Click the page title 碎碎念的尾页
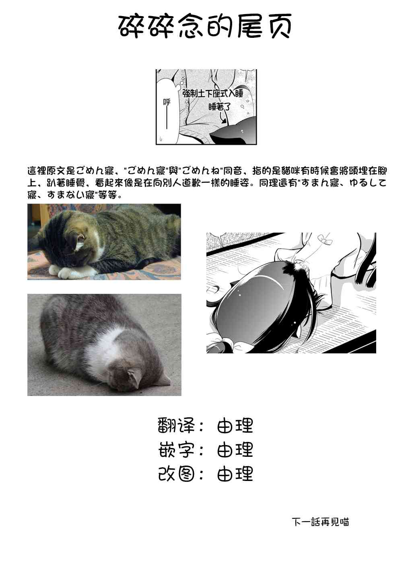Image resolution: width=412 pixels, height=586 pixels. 206,27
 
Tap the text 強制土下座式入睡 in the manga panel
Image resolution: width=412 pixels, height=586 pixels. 213,93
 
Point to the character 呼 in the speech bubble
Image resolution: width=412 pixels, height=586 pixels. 167,102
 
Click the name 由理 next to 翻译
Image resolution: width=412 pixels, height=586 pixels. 235,425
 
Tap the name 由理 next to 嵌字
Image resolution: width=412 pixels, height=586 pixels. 235,450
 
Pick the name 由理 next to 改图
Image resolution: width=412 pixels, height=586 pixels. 235,474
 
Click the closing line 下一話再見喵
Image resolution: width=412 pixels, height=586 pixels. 320,522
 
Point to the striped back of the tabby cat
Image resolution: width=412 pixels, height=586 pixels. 121,225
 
